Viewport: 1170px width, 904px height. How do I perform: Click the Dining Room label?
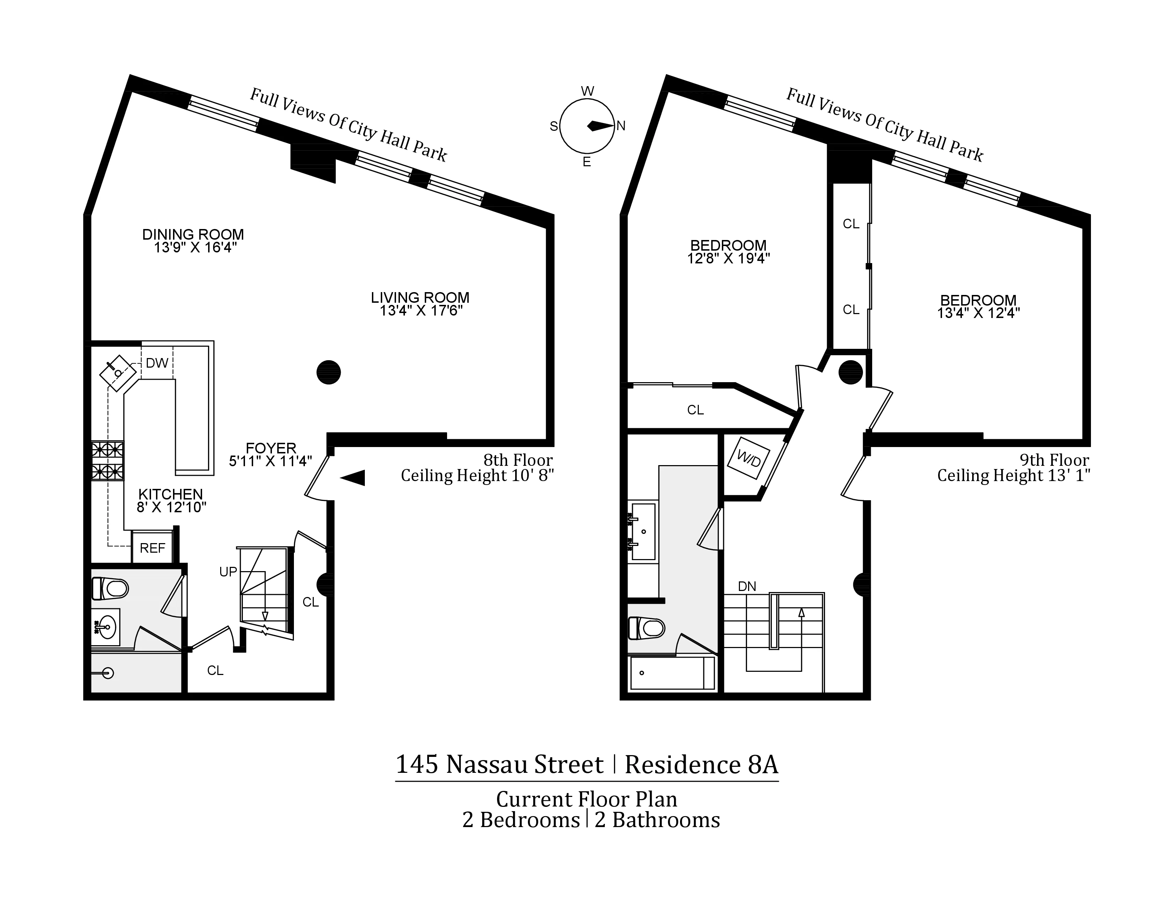(193, 235)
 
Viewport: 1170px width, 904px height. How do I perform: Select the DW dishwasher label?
(157, 363)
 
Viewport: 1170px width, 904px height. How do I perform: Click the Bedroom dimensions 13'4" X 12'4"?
(978, 313)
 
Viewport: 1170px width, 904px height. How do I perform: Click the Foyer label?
(271, 448)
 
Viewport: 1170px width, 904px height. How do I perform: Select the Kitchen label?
(170, 494)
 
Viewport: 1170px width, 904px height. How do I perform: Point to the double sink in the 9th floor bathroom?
(643, 531)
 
